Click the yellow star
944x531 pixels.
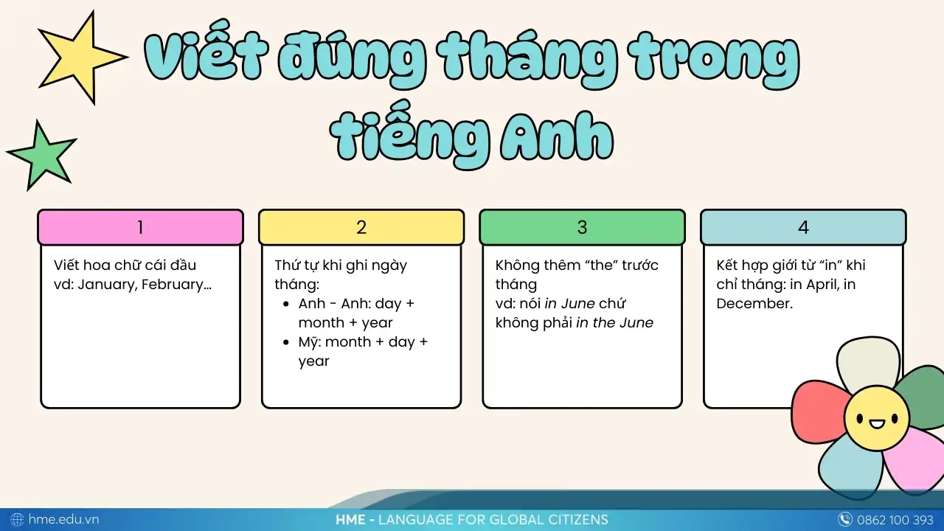coord(80,56)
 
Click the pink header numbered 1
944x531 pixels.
coord(140,227)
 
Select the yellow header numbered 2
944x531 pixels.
coord(361,227)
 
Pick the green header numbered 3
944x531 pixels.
coord(582,227)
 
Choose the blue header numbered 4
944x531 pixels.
coord(803,227)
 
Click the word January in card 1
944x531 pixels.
coord(105,285)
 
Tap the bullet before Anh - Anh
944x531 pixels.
coord(286,304)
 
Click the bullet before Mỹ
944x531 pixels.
coord(286,342)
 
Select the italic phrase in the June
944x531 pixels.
coord(614,322)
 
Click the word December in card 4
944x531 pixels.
coord(754,303)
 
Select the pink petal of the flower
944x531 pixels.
coord(914,457)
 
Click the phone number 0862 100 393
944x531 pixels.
coord(895,519)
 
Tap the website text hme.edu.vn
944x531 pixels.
coord(63,519)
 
